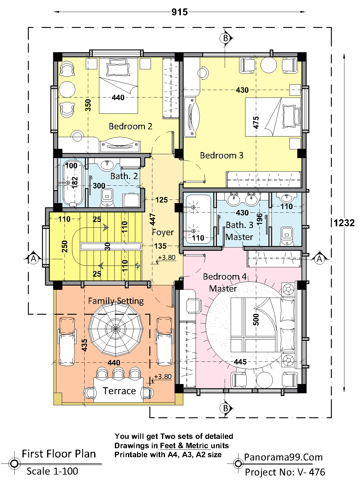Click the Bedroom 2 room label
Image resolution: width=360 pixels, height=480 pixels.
[x=130, y=126]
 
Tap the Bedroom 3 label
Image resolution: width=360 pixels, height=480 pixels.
[x=222, y=155]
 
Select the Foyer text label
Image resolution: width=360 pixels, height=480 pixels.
[x=163, y=232]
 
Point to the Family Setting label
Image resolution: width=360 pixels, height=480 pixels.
[x=116, y=301]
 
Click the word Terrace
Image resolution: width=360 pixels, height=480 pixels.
[x=119, y=391]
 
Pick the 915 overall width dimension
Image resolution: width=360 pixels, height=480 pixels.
[x=179, y=12]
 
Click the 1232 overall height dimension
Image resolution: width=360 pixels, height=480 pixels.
[x=344, y=223]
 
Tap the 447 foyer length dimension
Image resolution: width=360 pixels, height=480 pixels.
[x=153, y=219]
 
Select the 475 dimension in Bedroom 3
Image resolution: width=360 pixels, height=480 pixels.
[x=256, y=122]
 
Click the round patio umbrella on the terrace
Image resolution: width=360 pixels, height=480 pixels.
[x=115, y=329]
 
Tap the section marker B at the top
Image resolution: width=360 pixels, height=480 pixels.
[x=225, y=38]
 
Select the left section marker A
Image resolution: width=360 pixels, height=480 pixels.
[x=33, y=259]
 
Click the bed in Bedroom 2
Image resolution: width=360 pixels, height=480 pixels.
[x=118, y=85]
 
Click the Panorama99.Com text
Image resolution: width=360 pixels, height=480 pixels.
[x=283, y=457]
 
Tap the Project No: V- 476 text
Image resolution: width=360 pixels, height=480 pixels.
[x=285, y=472]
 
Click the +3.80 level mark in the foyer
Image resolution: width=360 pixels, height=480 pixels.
[x=166, y=258]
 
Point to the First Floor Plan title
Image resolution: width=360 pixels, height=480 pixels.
[x=59, y=454]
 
